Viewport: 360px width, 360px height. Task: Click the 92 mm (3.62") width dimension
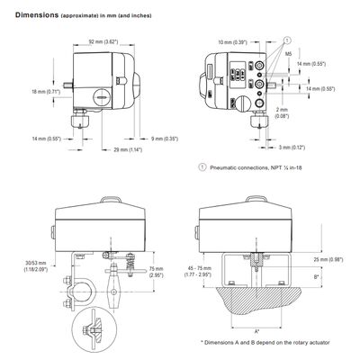101,40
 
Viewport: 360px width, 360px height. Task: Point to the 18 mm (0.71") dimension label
44,91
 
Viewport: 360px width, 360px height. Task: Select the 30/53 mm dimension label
40,266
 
